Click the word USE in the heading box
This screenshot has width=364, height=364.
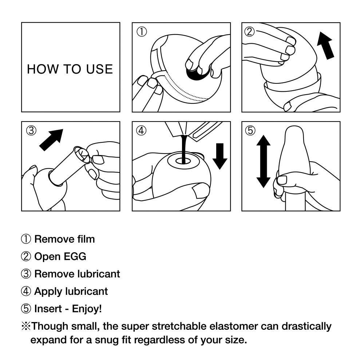point(99,69)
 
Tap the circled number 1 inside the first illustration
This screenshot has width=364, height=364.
point(141,32)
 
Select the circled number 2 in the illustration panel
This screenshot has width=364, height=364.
point(249,32)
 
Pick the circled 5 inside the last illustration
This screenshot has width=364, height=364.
point(250,130)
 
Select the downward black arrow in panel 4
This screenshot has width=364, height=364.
point(219,156)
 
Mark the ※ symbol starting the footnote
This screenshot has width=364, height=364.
point(25,326)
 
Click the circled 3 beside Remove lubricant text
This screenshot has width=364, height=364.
point(26,274)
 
